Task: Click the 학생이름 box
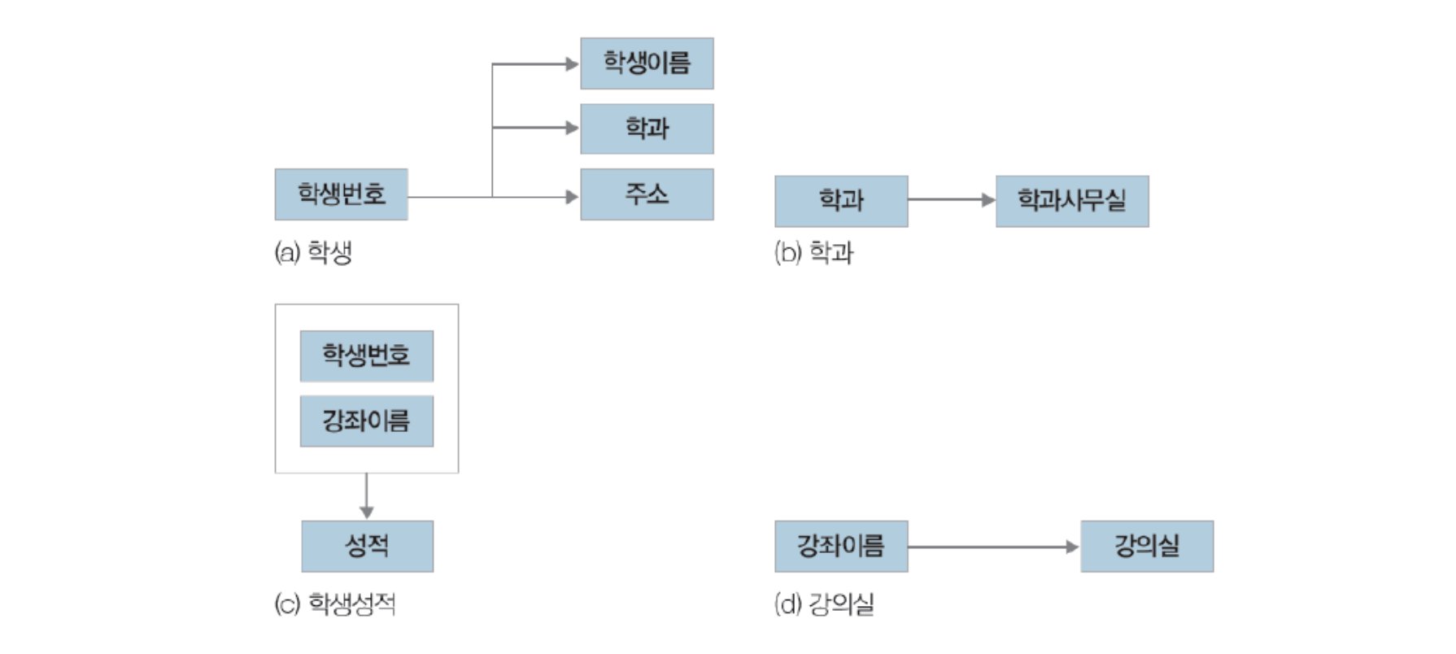pyautogui.click(x=647, y=63)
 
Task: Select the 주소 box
pyautogui.click(x=647, y=194)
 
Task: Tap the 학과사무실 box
pyautogui.click(x=1072, y=201)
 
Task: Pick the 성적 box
pyautogui.click(x=367, y=546)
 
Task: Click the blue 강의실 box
pyautogui.click(x=1147, y=546)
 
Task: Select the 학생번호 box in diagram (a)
pyautogui.click(x=341, y=194)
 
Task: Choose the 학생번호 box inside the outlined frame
pyautogui.click(x=366, y=355)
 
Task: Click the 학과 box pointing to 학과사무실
pyautogui.click(x=841, y=201)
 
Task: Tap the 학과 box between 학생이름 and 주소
pyautogui.click(x=647, y=129)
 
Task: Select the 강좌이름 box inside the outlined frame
pyautogui.click(x=366, y=421)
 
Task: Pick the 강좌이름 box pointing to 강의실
pyautogui.click(x=841, y=546)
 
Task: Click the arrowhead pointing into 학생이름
pyautogui.click(x=572, y=63)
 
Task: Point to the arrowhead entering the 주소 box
pyautogui.click(x=572, y=197)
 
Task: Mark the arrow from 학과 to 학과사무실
pyautogui.click(x=952, y=199)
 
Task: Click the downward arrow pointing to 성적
pyautogui.click(x=367, y=496)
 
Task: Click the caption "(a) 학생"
pyautogui.click(x=313, y=253)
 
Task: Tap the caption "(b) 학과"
pyautogui.click(x=813, y=253)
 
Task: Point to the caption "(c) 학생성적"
pyautogui.click(x=335, y=604)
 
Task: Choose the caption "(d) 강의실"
pyautogui.click(x=824, y=604)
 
